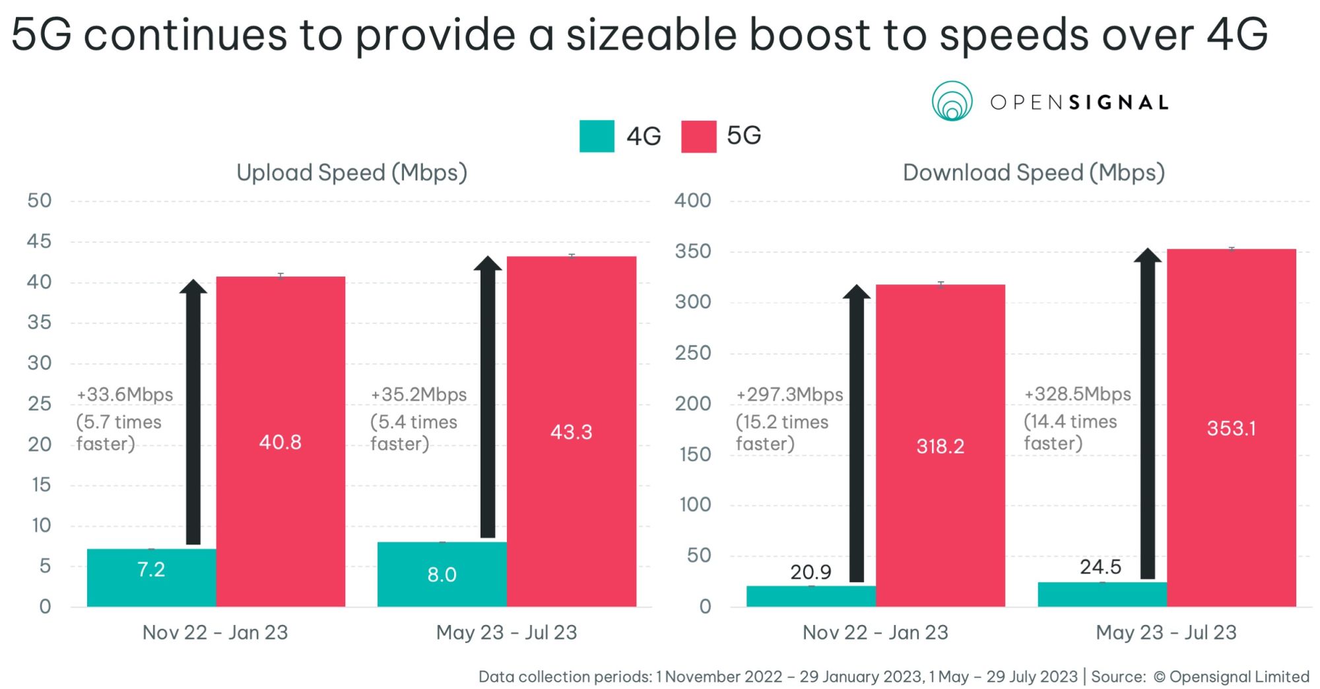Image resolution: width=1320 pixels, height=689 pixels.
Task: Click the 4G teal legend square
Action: (597, 136)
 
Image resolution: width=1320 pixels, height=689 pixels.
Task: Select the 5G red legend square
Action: (698, 136)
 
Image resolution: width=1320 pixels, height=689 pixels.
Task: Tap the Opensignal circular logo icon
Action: (952, 102)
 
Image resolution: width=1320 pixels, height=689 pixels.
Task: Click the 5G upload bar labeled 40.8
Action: (280, 396)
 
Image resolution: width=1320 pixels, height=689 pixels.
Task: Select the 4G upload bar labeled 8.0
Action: (442, 574)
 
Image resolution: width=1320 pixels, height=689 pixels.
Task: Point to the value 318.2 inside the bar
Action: (940, 447)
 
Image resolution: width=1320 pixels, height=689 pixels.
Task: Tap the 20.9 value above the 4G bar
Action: (810, 572)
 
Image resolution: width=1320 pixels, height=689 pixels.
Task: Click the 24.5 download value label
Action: (1100, 567)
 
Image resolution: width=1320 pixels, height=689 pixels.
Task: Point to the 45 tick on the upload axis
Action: (39, 242)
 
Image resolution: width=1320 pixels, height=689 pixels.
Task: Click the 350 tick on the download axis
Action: (692, 251)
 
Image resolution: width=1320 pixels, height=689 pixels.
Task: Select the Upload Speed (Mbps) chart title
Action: (352, 173)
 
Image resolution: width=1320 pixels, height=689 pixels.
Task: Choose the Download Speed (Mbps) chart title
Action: (1034, 173)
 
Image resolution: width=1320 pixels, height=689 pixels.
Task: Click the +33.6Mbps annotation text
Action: (125, 395)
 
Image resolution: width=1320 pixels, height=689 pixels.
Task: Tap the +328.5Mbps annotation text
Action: (1077, 394)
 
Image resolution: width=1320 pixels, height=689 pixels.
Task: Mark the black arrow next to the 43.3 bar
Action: (488, 396)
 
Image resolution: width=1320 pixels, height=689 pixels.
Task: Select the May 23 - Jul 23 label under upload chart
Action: (506, 632)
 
